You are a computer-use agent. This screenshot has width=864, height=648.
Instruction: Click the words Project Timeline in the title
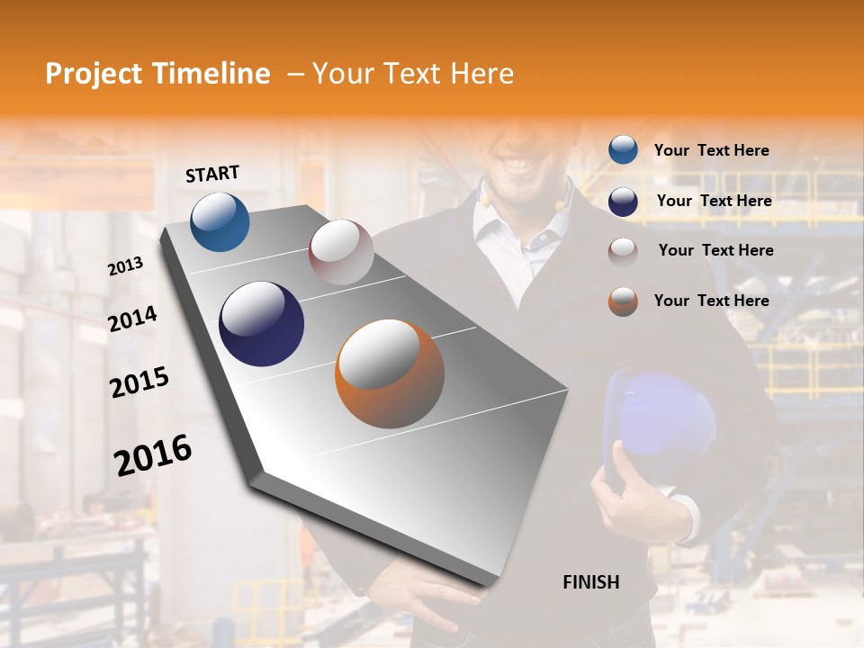(x=157, y=74)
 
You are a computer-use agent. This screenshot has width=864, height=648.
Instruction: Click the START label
(x=212, y=174)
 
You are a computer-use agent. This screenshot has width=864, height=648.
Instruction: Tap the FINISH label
(x=591, y=582)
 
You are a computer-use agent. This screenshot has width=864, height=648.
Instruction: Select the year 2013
(x=125, y=266)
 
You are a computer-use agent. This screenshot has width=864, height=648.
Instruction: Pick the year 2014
(x=132, y=319)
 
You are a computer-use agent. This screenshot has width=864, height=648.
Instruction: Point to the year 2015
(x=139, y=382)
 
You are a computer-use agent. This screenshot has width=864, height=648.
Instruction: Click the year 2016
(x=153, y=455)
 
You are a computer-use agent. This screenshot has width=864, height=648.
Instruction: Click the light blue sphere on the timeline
(x=220, y=221)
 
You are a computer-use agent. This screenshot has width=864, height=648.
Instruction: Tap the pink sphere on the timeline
(x=341, y=252)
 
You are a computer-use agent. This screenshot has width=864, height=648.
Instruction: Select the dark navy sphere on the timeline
(x=261, y=324)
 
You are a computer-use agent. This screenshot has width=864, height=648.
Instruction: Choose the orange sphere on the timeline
(x=390, y=373)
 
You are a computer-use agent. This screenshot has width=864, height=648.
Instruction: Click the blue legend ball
(x=623, y=150)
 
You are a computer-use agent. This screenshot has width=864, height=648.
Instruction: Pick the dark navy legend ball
(x=623, y=201)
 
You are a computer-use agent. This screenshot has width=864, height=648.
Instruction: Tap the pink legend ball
(x=623, y=251)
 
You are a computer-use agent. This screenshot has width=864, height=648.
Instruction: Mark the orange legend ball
(x=623, y=301)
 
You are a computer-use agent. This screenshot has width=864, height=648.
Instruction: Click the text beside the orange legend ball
(x=711, y=301)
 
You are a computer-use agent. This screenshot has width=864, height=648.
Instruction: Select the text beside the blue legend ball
(x=711, y=150)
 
